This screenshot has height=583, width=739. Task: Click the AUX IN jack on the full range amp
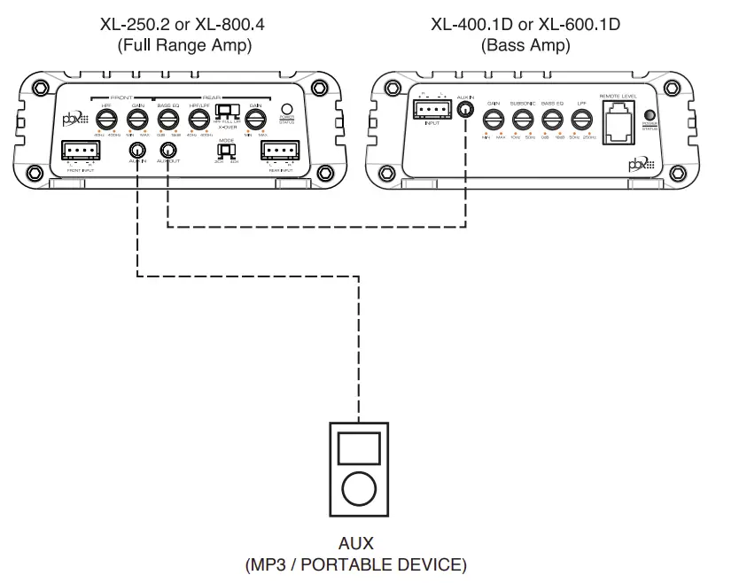tap(137, 150)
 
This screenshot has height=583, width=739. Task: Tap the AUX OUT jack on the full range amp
tap(167, 150)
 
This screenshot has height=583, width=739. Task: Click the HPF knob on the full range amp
tap(106, 117)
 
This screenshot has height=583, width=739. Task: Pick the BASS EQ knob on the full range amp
tap(167, 117)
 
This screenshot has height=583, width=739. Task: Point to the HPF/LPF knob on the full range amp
tap(198, 117)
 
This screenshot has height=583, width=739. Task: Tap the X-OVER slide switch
tap(228, 112)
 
